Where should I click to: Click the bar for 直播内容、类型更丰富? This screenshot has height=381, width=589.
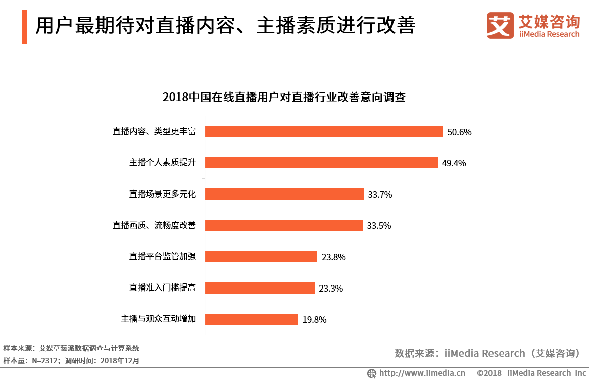point(324,132)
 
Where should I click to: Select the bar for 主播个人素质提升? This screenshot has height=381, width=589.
point(321,163)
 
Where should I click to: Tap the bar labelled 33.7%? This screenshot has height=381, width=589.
point(284,194)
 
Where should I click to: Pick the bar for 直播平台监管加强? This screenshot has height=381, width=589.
point(261,257)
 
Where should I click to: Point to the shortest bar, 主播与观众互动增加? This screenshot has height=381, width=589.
point(251,319)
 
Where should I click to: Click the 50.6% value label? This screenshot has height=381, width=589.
point(459,132)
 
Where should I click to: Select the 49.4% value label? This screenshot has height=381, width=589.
point(454,163)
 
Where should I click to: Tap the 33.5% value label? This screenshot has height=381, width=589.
point(379,226)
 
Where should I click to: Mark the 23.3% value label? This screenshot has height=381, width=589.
point(331,289)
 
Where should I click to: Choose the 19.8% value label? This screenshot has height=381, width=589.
point(314,320)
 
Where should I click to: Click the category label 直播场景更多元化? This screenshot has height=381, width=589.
point(162,194)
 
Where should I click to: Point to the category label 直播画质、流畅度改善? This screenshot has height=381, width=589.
point(154,226)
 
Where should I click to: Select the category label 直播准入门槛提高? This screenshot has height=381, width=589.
point(162,288)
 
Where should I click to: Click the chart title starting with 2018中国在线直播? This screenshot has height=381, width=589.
point(284,97)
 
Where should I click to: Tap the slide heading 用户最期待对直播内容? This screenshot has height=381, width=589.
point(225,26)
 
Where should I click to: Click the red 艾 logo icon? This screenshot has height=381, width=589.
point(500,25)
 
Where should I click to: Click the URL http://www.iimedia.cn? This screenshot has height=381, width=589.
point(422,373)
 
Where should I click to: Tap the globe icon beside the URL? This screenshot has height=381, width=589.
point(372,373)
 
